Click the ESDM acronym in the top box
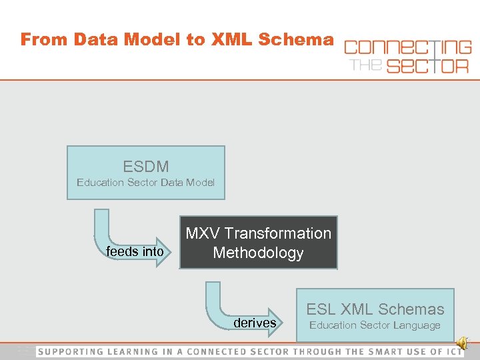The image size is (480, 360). click(145, 166)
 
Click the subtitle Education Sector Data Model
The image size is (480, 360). click(145, 182)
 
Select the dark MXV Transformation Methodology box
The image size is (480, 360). click(258, 243)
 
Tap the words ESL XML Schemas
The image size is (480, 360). click(375, 309)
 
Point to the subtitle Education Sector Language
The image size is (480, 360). click(375, 325)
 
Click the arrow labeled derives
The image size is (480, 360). click(255, 323)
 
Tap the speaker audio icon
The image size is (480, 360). click(463, 325)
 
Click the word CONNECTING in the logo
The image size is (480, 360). click(407, 47)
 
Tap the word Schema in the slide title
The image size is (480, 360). click(296, 39)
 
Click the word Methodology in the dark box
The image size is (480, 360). click(258, 253)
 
